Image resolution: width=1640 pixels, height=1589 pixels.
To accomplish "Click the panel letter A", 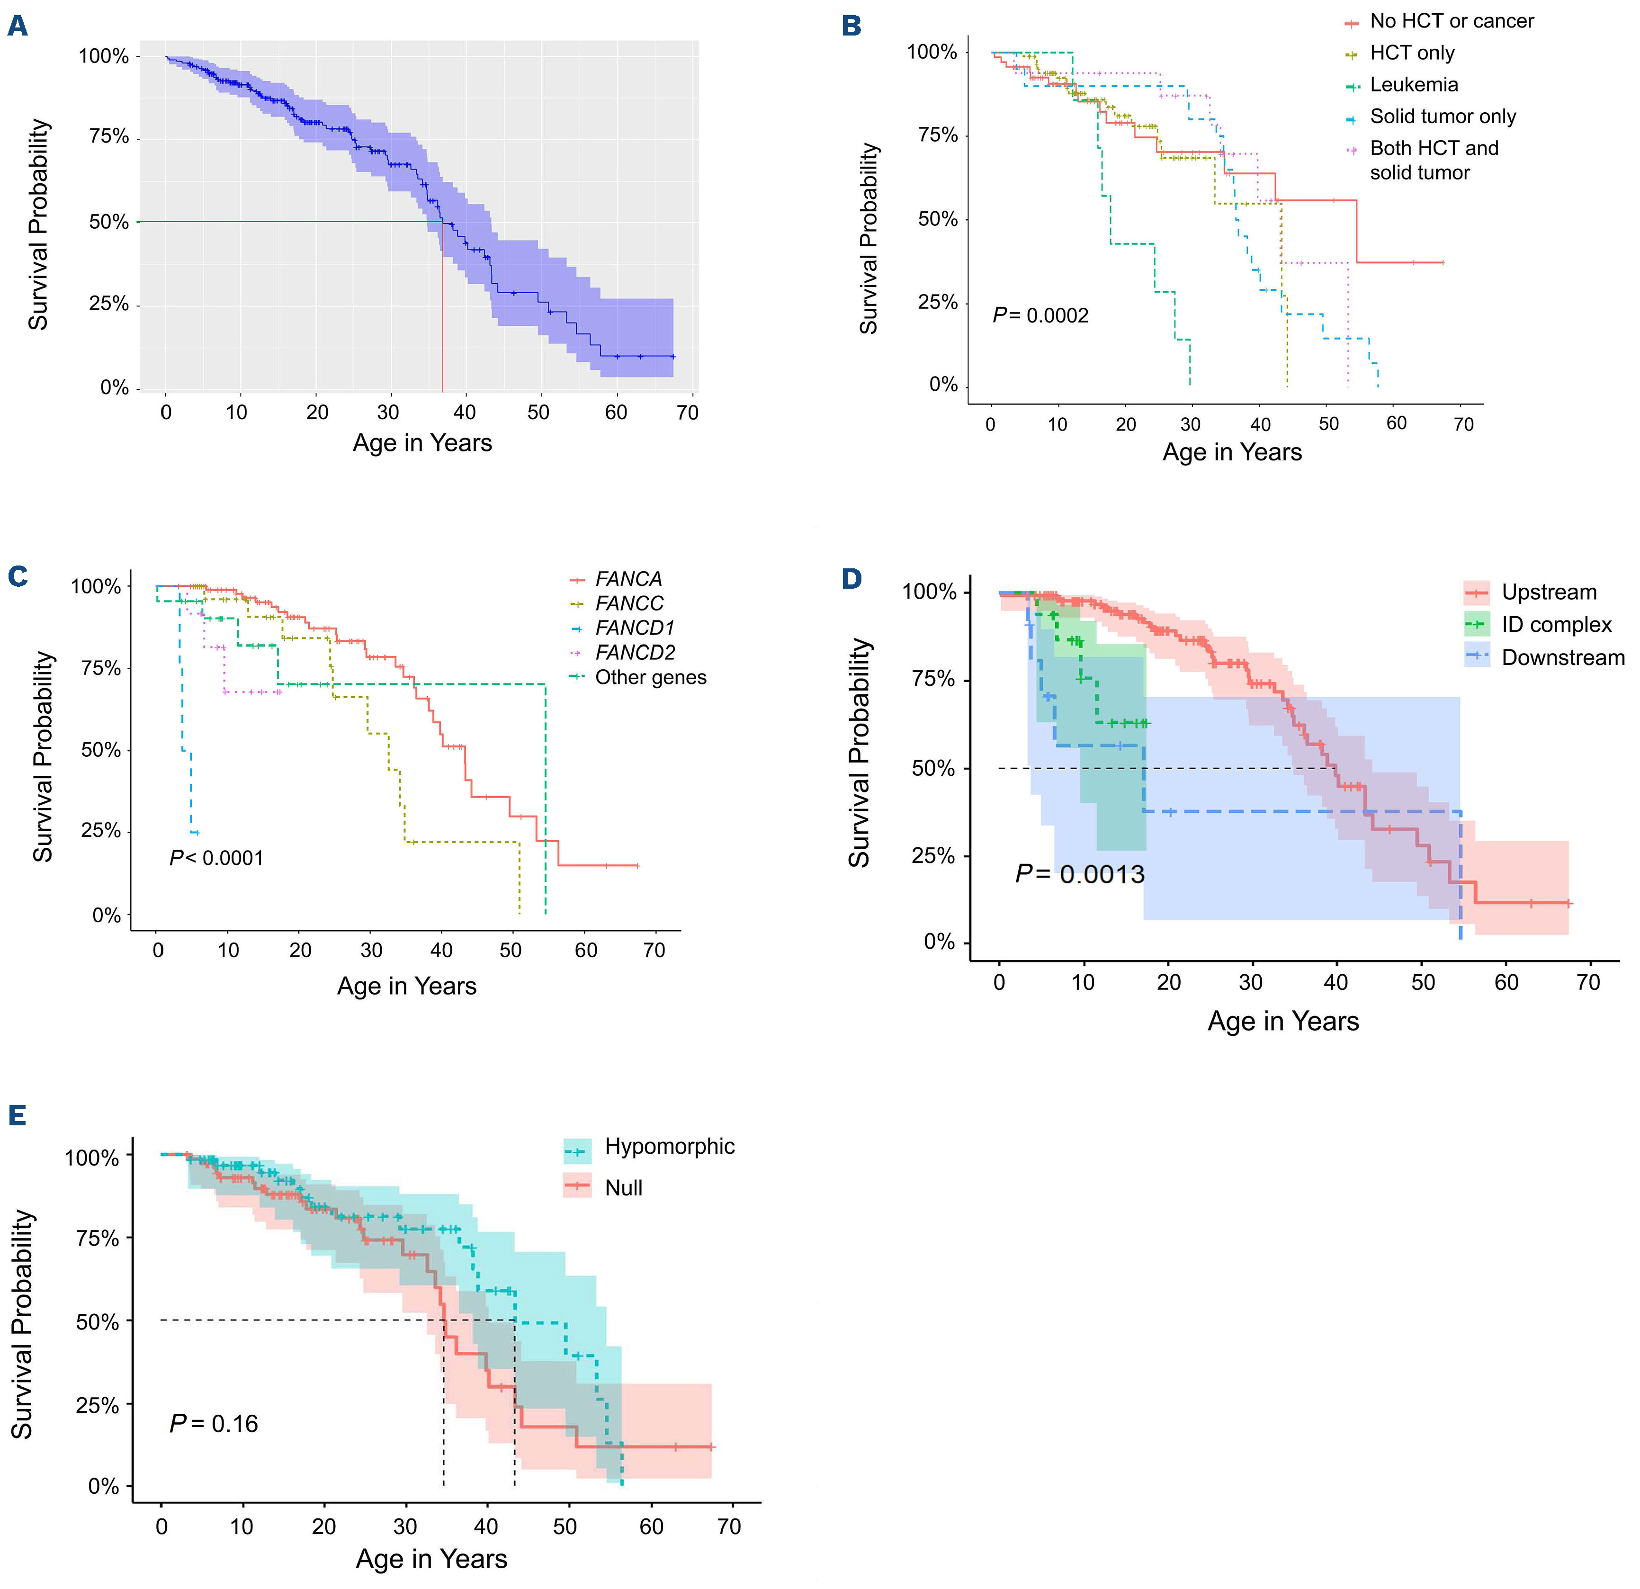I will (x=18, y=27).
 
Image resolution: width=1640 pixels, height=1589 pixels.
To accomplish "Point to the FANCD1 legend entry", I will (x=634, y=628).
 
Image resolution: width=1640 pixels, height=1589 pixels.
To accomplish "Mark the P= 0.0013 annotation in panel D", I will (x=1079, y=874).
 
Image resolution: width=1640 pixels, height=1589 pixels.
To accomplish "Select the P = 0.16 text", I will (x=214, y=1423).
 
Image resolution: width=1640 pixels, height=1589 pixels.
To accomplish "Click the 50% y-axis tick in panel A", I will (x=109, y=222).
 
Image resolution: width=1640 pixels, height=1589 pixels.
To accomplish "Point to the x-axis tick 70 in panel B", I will (x=1463, y=424).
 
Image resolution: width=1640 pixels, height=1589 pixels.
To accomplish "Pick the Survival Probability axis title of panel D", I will (x=860, y=753).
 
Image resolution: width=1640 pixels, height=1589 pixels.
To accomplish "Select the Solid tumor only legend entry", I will (x=1443, y=117).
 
